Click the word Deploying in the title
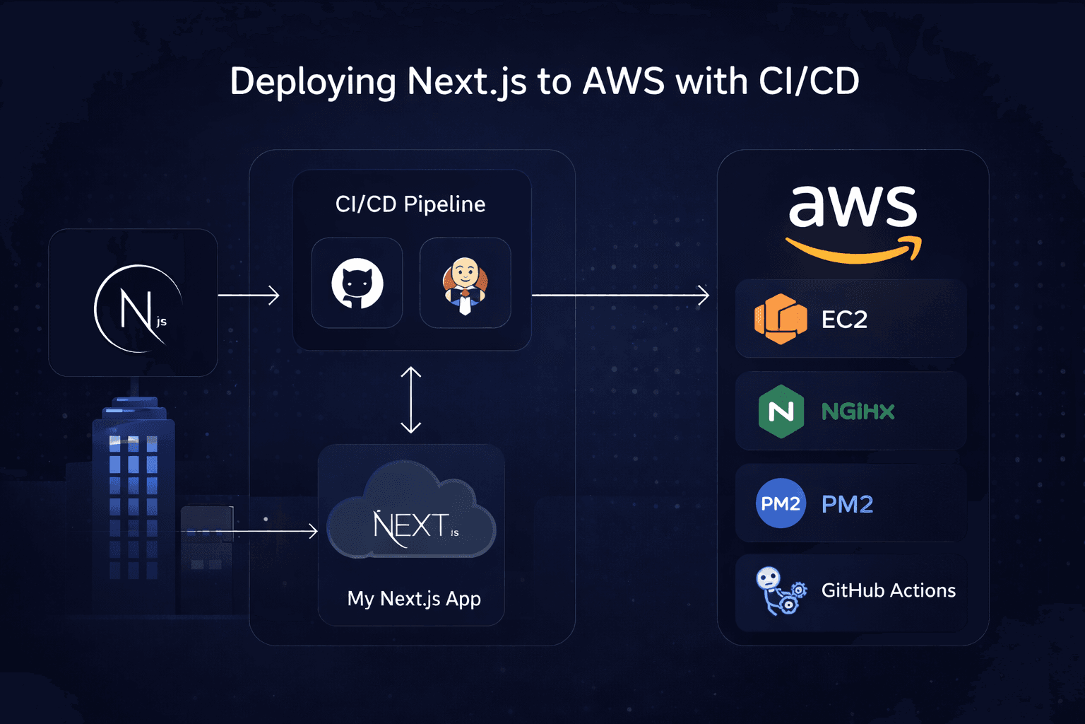click(313, 82)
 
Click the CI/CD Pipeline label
click(410, 204)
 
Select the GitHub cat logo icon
click(357, 283)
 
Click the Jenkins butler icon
click(465, 284)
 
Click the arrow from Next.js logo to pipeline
click(249, 295)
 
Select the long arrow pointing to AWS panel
click(620, 295)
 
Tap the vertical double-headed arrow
click(410, 399)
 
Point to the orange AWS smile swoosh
click(853, 252)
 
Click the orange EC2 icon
click(781, 319)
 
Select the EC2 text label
click(844, 320)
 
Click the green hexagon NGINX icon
click(781, 411)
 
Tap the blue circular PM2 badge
click(781, 503)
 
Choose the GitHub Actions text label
click(888, 590)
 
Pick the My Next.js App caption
click(414, 599)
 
